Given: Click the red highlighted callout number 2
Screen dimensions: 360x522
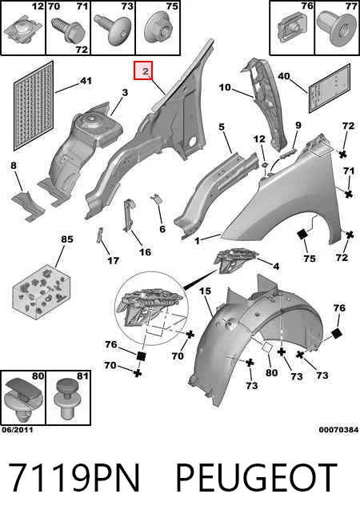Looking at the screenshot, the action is pos(143,70).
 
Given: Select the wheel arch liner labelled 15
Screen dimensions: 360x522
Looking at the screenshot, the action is pos(256,343).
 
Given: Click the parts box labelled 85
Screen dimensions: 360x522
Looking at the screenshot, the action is pos(42,292).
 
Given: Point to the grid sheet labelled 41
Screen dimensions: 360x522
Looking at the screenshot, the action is pos(34,106).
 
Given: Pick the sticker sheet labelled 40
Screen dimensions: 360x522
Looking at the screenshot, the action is pos(329,88).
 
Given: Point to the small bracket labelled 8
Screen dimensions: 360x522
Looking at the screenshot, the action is pos(28,206).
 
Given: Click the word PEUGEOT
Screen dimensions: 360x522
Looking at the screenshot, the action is pos(256,477).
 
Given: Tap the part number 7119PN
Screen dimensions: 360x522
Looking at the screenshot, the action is pos(74,477).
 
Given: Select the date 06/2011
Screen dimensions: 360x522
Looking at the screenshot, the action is pos(18,430).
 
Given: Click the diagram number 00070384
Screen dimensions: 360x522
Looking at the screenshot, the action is pos(338,430).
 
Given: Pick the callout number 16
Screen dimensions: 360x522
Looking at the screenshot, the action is pos(145,252).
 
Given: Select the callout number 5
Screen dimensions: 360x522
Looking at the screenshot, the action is pos(222,126).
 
